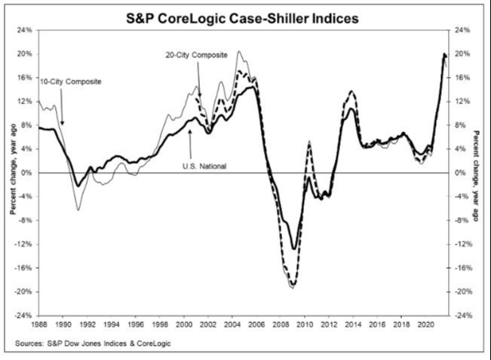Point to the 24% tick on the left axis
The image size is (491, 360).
[x=25, y=30]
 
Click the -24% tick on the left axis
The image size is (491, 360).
[x=23, y=315]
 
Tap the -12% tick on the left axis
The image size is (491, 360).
[x=23, y=245]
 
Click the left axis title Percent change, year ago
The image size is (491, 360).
[x=12, y=174]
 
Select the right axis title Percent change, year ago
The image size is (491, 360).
[x=477, y=174]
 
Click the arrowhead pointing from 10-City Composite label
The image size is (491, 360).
[x=63, y=122]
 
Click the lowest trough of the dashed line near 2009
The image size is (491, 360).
[x=293, y=285]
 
